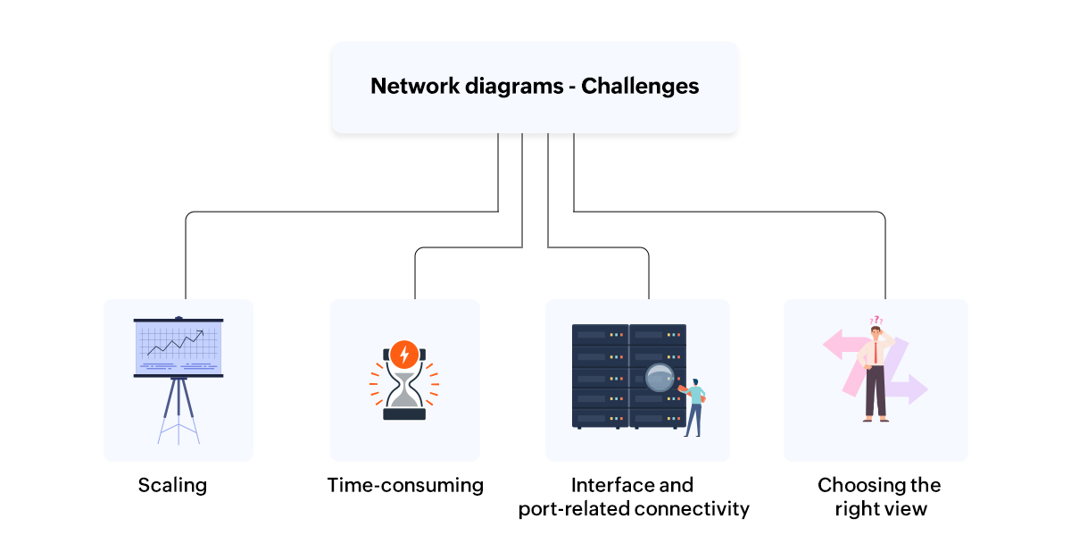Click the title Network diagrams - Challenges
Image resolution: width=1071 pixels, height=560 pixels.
(x=534, y=87)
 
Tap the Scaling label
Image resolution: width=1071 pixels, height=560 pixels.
(x=172, y=485)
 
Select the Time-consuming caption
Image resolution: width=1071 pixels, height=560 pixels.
(x=405, y=485)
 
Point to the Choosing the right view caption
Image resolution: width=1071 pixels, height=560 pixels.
(x=879, y=497)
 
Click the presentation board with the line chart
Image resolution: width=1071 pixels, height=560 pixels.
(x=178, y=348)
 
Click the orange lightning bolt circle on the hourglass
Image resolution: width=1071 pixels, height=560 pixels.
(x=404, y=355)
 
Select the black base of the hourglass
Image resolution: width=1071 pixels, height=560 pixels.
(x=404, y=414)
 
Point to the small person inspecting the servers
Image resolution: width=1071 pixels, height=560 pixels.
(x=694, y=406)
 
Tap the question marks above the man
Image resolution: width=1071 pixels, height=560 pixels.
(x=876, y=320)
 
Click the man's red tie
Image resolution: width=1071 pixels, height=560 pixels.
(x=877, y=352)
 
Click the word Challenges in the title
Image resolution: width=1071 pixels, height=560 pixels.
(x=640, y=87)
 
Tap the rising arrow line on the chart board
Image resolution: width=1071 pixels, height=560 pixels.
(x=176, y=344)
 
